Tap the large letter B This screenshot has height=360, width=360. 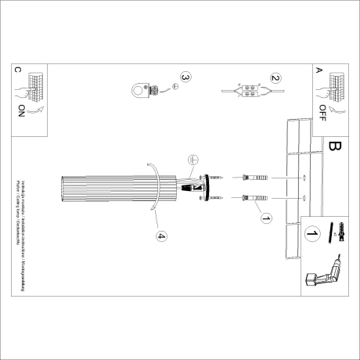(337, 146)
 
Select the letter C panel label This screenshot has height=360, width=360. (18, 69)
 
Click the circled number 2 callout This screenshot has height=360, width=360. (275, 78)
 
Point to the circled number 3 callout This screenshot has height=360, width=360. (185, 78)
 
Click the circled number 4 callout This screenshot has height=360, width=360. (160, 236)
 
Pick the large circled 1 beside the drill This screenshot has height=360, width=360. (311, 233)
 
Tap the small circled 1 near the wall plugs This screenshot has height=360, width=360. (265, 218)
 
